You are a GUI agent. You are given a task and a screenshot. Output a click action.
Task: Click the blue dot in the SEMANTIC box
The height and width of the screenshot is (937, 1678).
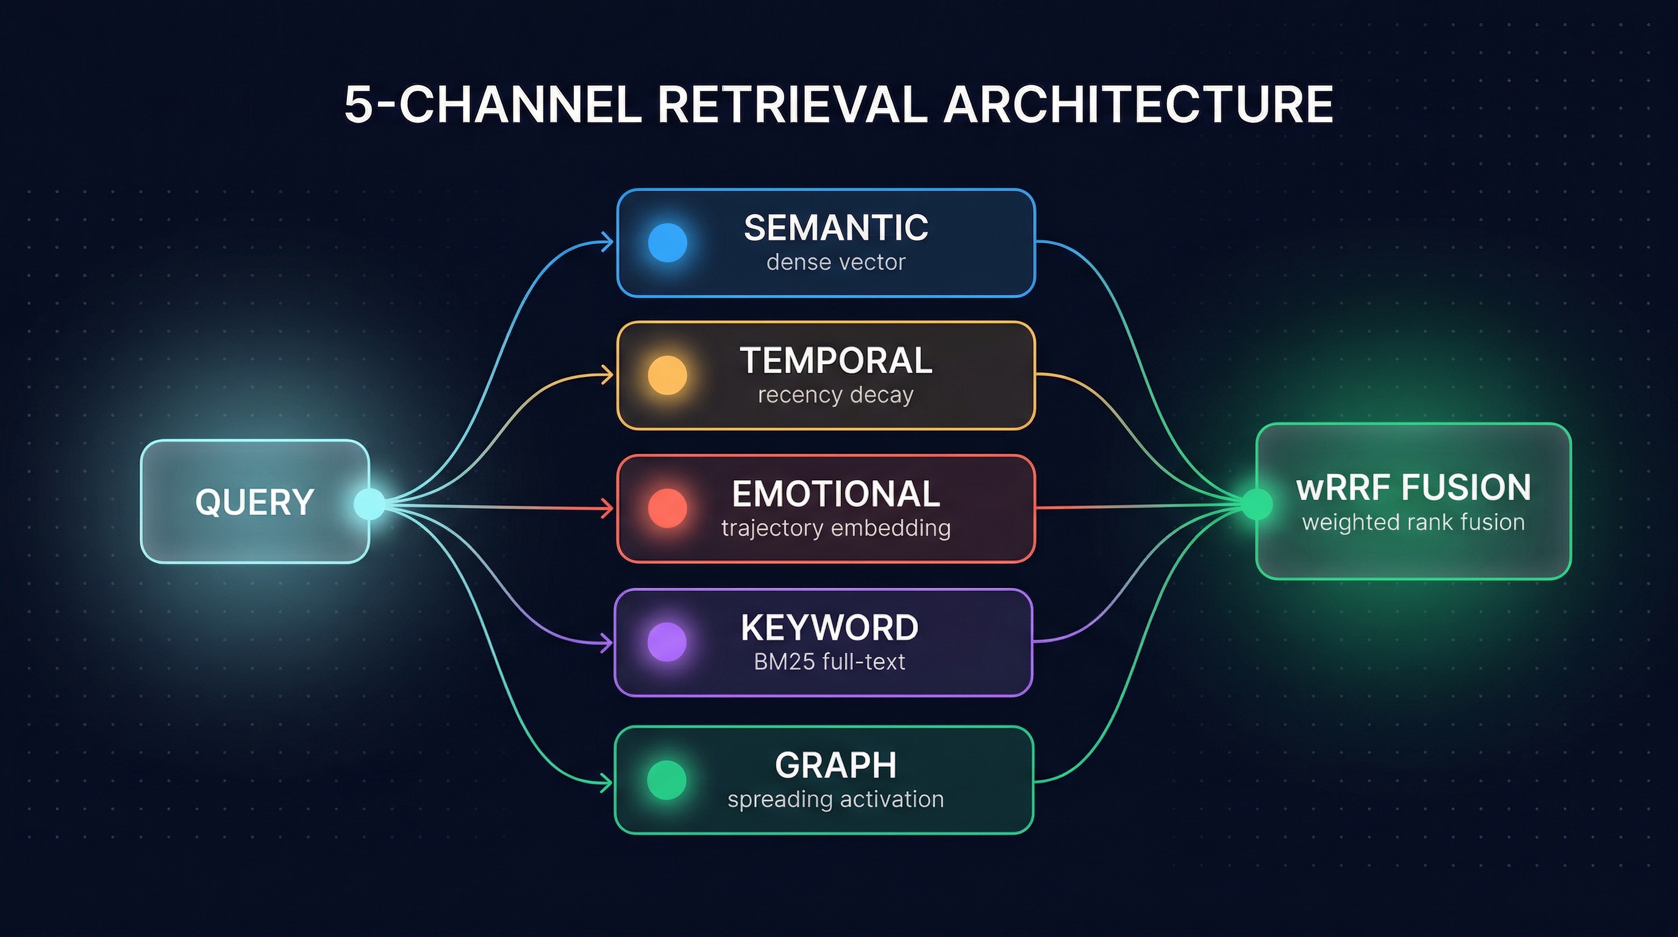pos(668,243)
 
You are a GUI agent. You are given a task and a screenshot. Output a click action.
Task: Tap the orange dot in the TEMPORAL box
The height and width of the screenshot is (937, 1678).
pos(668,375)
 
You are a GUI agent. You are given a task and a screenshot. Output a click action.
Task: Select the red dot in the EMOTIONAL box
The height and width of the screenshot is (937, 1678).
pos(668,508)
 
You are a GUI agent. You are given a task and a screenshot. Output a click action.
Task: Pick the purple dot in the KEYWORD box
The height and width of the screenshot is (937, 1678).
pos(667,642)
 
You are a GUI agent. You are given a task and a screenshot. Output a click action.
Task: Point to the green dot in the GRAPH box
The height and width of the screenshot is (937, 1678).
pos(667,780)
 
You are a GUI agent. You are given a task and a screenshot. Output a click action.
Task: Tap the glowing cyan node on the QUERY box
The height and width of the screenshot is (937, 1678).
pos(370,504)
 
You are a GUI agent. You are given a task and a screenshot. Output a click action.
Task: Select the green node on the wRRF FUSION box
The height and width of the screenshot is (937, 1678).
pos(1257,504)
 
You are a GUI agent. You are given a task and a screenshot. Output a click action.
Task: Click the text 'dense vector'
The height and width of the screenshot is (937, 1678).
pos(836,262)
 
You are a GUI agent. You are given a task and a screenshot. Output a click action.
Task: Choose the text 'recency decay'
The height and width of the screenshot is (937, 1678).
pos(836,395)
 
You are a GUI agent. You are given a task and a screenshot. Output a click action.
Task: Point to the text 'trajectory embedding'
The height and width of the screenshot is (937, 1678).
pos(836,528)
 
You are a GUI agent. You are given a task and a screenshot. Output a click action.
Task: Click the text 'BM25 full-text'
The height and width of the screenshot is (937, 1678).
pos(829,662)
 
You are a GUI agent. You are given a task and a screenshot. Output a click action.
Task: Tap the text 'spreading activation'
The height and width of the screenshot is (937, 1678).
pos(836,800)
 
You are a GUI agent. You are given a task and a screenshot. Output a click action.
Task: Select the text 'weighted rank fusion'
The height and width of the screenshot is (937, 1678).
pos(1413,523)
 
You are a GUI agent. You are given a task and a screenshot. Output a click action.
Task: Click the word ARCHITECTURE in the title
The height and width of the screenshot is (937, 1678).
pos(1138,105)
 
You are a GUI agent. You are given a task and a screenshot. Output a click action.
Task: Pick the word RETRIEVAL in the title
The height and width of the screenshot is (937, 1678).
pos(791,105)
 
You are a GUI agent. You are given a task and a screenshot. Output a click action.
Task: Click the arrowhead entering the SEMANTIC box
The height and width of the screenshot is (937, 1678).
pos(607,242)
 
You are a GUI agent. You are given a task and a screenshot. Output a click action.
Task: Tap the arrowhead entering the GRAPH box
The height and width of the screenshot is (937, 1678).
pos(606,783)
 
